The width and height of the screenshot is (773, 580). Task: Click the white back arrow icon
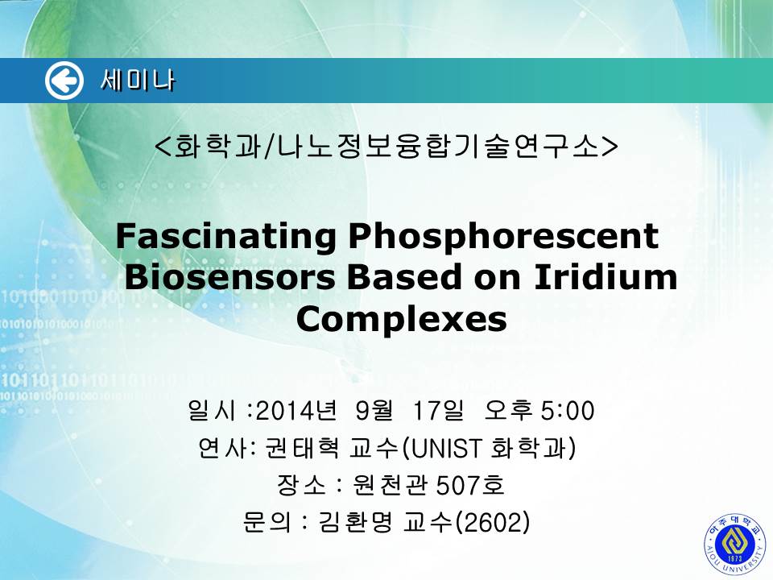[64, 81]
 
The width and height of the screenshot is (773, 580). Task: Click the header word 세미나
[138, 81]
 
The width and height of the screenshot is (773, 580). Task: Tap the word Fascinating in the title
[225, 237]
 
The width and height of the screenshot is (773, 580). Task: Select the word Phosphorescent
[504, 236]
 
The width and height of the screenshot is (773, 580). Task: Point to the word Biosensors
[229, 277]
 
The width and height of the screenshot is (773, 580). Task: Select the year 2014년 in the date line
[297, 411]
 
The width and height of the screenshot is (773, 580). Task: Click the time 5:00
[568, 411]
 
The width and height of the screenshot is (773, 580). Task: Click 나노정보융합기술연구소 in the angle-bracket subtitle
[438, 146]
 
